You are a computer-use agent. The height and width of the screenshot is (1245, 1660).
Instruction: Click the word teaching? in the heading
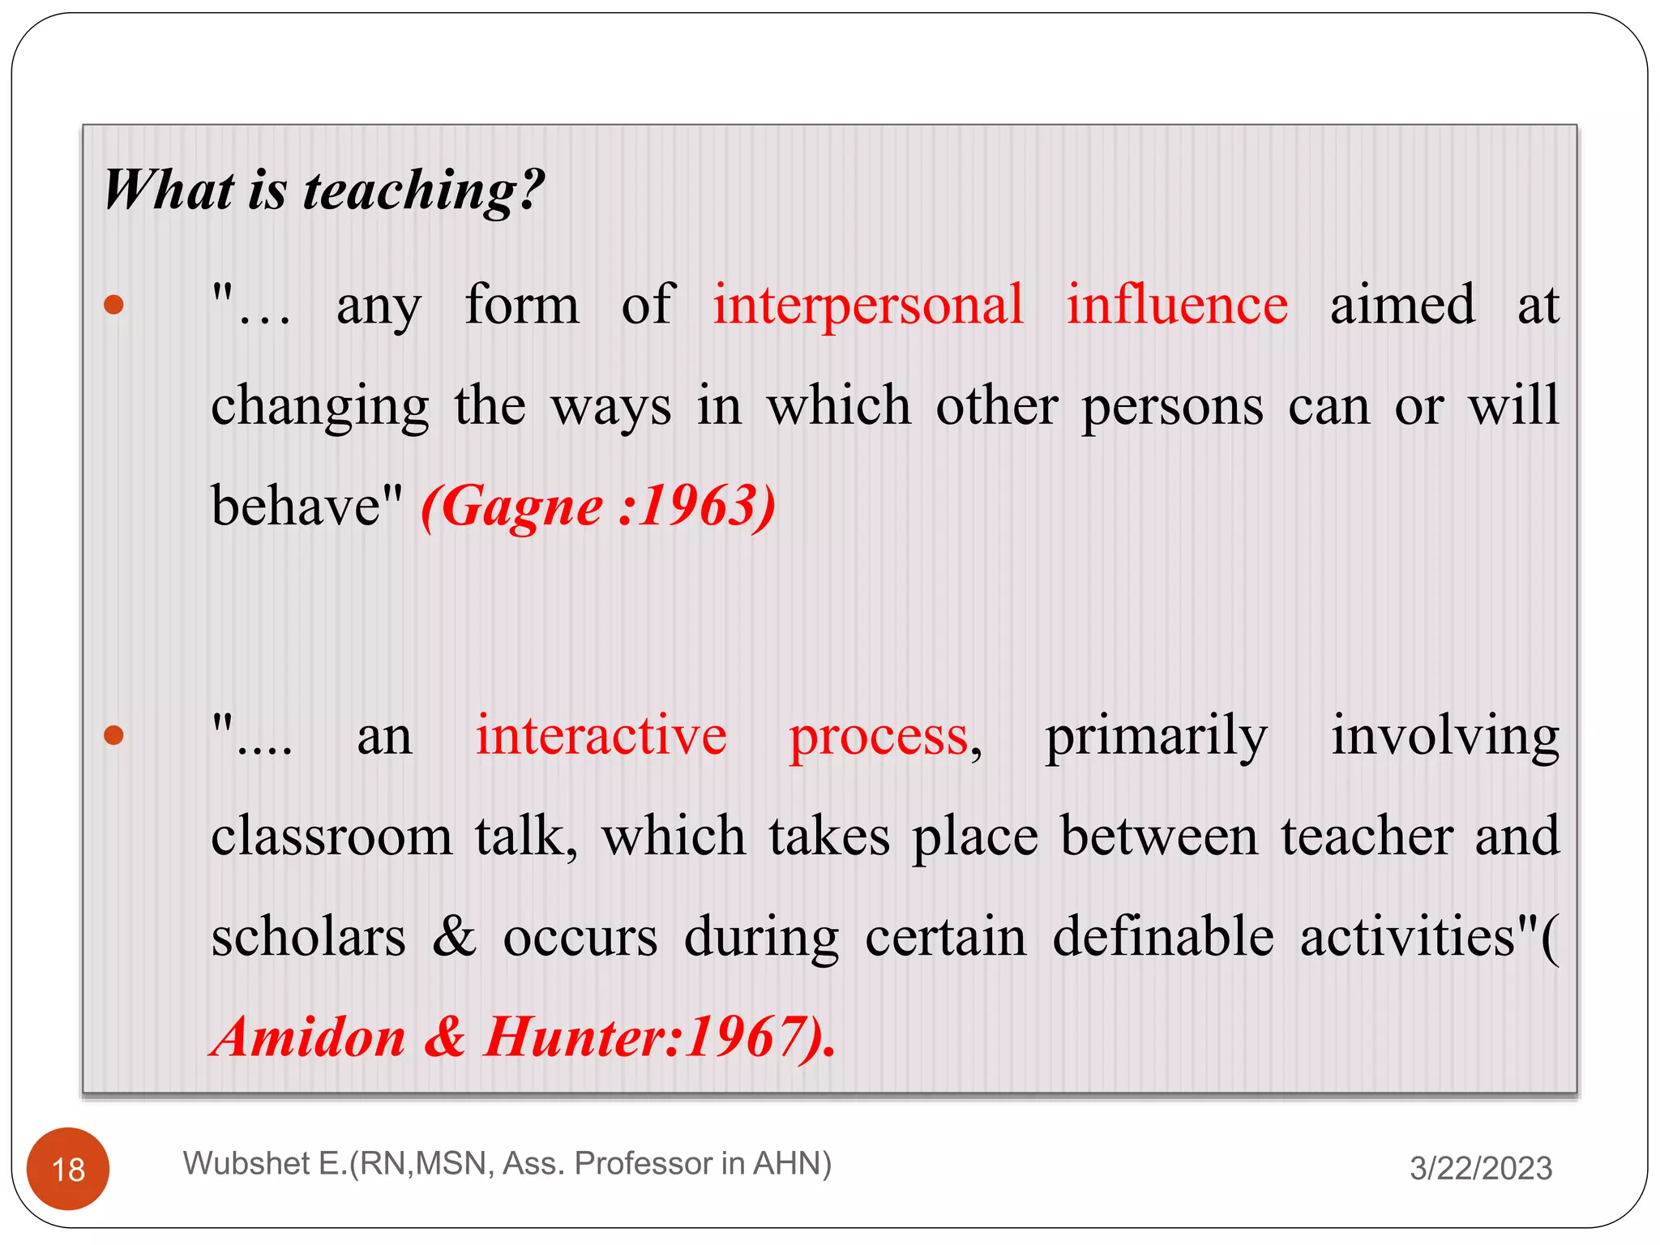coord(423,191)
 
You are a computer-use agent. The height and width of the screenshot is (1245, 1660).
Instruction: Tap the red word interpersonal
coord(868,306)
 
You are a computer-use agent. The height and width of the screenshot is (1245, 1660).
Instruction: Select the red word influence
coord(1176,306)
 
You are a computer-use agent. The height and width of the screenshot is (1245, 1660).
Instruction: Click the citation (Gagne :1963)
coord(598,507)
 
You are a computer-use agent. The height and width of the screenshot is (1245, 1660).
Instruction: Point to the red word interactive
coord(601,736)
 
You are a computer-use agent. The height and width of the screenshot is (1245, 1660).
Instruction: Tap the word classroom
coord(332,837)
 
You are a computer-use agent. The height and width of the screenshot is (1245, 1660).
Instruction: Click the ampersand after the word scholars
coord(454,937)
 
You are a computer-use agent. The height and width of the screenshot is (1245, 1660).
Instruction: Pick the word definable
coord(1163,937)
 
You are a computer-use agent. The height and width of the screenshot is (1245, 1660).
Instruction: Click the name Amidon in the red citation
coord(309,1037)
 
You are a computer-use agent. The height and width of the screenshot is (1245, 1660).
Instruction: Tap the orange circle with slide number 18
coord(68,1169)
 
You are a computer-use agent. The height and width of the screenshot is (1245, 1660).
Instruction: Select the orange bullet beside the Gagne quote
coord(114,305)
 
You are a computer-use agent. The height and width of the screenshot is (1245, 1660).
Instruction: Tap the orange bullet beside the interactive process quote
coord(114,735)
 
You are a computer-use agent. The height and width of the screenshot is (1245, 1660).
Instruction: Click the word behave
coord(296,507)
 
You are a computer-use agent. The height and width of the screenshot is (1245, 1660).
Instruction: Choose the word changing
coord(320,407)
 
